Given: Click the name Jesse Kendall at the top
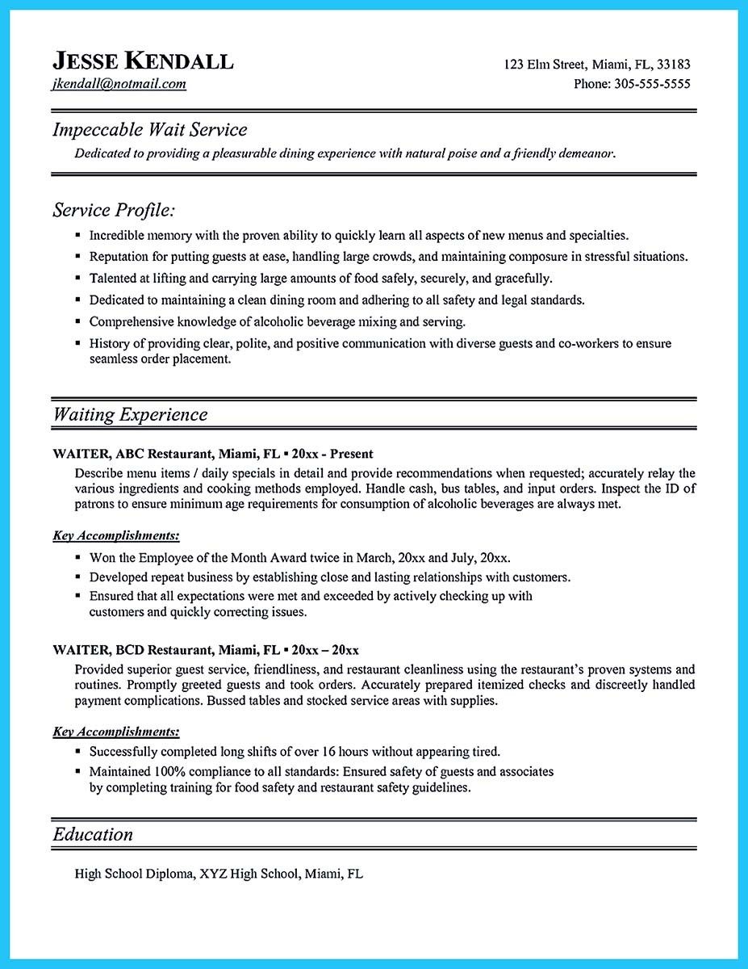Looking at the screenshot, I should pos(143,61).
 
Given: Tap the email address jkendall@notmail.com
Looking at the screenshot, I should pos(119,84).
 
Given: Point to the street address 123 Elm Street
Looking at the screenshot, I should pos(545,65).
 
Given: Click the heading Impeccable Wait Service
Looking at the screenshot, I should pos(150,129).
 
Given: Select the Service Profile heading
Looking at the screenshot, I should pos(114,211).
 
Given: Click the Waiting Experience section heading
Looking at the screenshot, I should pos(130,415).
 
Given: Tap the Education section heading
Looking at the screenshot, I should pos(93,834).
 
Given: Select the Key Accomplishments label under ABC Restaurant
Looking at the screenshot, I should pos(116,535).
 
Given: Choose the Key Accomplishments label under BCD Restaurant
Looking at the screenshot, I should pos(116,732).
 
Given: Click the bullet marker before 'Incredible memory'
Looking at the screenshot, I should pos(77,236).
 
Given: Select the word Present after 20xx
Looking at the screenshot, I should pos(351,454).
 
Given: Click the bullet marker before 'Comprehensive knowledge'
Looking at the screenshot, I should pos(77,321).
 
